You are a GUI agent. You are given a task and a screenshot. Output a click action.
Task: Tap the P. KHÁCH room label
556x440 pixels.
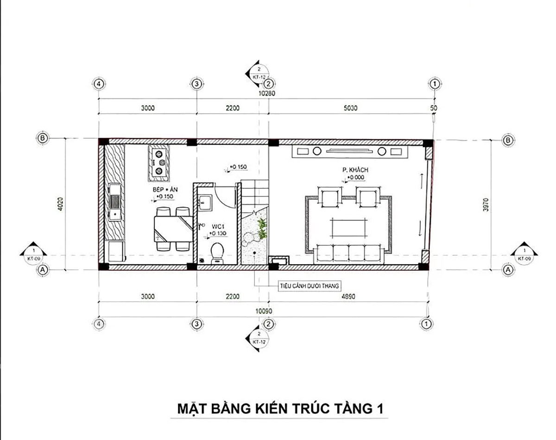tap(352, 171)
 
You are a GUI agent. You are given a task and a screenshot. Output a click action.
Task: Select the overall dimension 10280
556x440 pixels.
tap(266, 95)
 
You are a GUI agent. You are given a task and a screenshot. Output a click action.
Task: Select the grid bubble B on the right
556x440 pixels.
tap(507, 140)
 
